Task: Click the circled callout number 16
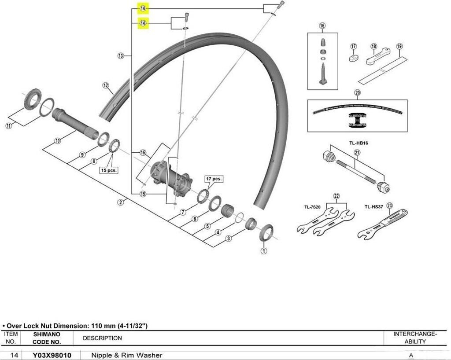click(x=322, y=26)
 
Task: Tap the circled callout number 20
click(x=357, y=92)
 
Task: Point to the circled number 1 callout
click(x=263, y=251)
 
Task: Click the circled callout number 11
click(x=8, y=126)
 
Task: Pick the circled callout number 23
click(x=389, y=206)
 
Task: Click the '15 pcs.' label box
click(x=109, y=170)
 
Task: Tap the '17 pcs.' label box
click(x=214, y=179)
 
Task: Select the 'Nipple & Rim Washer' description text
click(x=127, y=355)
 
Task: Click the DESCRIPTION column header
click(x=102, y=338)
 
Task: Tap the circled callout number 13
click(x=121, y=56)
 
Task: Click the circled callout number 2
click(x=120, y=202)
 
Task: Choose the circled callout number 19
click(x=399, y=46)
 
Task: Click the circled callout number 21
click(x=357, y=153)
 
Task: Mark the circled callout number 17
click(x=353, y=46)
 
